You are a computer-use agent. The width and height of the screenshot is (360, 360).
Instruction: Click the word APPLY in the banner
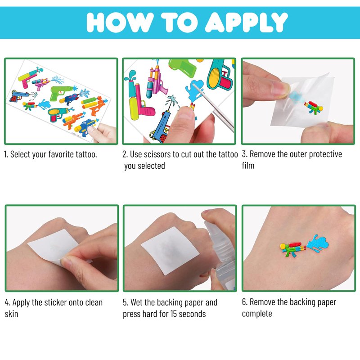(246, 22)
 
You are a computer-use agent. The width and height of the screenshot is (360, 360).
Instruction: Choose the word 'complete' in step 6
(257, 314)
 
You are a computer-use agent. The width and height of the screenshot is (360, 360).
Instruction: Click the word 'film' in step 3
(248, 165)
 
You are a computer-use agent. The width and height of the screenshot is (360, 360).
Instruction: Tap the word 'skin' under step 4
(12, 314)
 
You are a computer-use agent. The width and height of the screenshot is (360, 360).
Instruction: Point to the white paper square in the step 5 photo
(170, 251)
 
